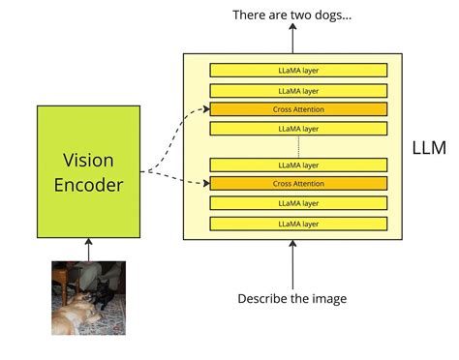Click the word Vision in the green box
click(88, 160)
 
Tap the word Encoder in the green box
click(88, 184)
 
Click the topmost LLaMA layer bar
click(298, 70)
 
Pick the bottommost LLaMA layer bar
click(298, 224)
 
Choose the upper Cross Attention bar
click(298, 109)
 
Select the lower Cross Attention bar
click(298, 183)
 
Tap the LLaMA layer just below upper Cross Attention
click(298, 129)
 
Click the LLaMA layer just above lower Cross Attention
click(298, 165)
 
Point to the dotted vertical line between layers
click(298, 146)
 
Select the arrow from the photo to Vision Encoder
click(88, 250)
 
